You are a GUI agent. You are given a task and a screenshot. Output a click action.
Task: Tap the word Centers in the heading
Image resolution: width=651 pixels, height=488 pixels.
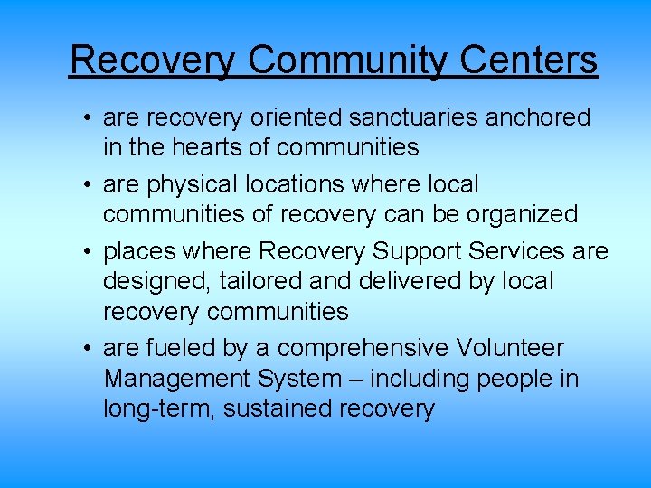point(528,60)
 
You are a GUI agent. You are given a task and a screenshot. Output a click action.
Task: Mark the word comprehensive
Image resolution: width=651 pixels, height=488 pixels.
point(374,349)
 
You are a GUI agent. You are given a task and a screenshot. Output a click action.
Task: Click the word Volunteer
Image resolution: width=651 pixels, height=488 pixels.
point(512,348)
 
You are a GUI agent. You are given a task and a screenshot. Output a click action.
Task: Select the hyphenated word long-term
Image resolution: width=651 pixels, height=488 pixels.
point(158,409)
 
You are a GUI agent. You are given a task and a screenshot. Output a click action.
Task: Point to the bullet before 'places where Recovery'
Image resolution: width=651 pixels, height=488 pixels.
point(83,252)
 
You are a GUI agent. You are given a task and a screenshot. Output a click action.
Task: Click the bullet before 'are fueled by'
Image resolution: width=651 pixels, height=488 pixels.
point(83,349)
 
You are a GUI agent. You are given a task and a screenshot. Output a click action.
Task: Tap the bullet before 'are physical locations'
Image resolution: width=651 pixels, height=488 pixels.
point(83,185)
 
